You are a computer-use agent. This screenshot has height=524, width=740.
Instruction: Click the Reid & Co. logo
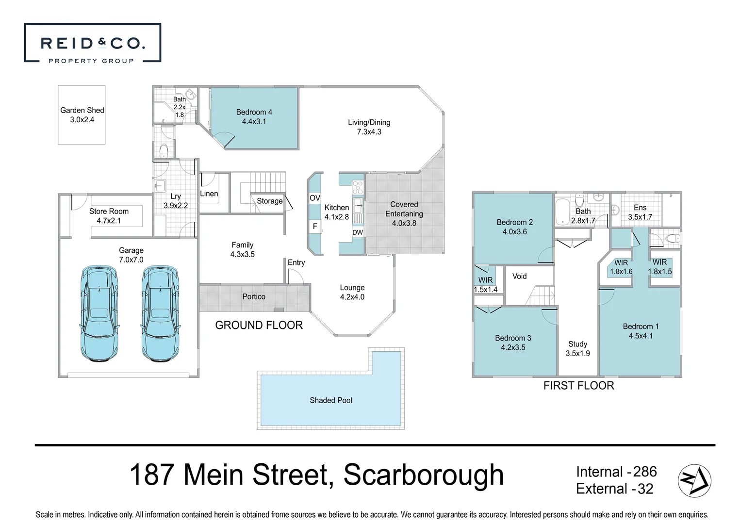tap(92, 44)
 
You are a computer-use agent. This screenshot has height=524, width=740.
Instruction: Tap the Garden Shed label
tap(82, 110)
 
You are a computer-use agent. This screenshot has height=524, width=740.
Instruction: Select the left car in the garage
tap(99, 313)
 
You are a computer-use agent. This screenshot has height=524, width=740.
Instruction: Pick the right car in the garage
tap(161, 313)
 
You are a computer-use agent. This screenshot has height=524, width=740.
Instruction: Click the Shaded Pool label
tap(331, 400)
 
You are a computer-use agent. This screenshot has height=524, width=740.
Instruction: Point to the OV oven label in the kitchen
tap(315, 198)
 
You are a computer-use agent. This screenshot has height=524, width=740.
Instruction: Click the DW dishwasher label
tap(358, 232)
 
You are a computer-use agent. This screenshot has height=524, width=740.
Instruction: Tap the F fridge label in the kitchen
tap(315, 226)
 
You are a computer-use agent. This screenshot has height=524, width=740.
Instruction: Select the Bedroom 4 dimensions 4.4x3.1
tap(254, 122)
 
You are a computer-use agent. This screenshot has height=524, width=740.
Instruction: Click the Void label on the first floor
tap(519, 276)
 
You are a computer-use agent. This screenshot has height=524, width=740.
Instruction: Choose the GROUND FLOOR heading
tap(259, 325)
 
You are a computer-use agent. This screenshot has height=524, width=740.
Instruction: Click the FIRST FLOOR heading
tap(578, 386)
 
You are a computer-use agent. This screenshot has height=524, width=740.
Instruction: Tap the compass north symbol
tap(694, 480)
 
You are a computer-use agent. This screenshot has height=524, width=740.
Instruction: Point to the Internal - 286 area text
tap(616, 472)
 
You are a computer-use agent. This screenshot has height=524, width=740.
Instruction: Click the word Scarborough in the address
tap(424, 475)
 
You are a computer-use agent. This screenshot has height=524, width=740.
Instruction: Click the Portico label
tap(254, 296)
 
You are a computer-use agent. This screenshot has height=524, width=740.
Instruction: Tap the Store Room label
tap(109, 211)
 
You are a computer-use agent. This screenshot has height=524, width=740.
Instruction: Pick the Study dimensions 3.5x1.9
tap(577, 353)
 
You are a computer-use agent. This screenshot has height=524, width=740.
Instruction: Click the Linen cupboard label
tap(209, 194)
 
